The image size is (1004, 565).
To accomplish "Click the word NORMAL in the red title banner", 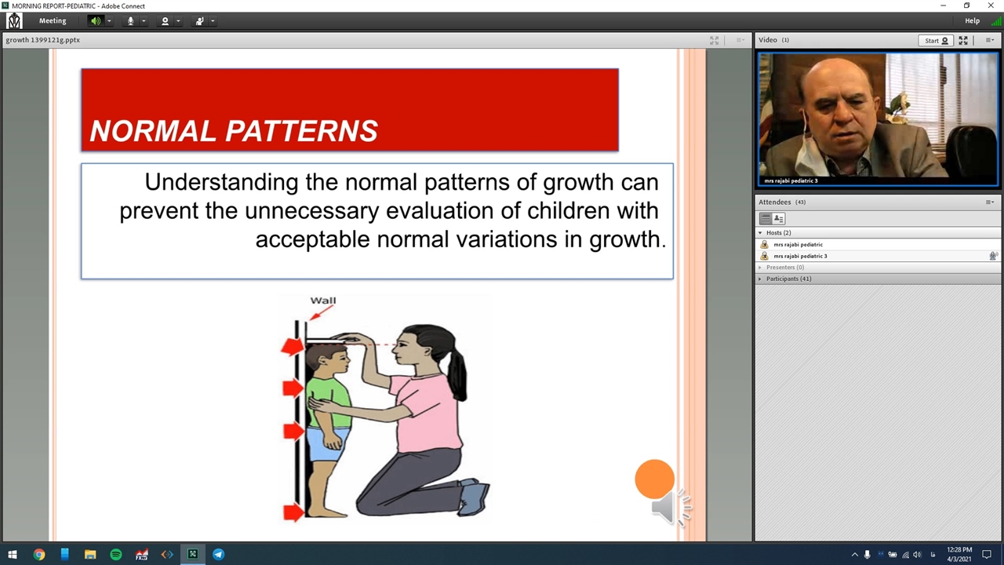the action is coord(153,131).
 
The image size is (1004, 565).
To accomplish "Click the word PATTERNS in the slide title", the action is coord(302,131).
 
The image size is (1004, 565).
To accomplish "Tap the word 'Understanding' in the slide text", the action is coord(221,183).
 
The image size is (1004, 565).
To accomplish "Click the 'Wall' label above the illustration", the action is coord(322,301).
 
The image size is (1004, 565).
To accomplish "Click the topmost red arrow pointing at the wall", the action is coord(293,346).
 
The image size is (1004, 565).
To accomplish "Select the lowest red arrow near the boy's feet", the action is coord(293,512).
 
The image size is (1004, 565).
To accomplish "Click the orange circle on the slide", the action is coord(654,479).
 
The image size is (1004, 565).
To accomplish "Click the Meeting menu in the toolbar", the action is coord(53,20).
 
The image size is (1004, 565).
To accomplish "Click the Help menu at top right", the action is coord(972,20).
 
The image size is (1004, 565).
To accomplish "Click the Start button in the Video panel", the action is coord(936,40).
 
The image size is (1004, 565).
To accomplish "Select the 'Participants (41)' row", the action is coord(788,279).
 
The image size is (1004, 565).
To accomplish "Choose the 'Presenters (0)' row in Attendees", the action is coord(785,268).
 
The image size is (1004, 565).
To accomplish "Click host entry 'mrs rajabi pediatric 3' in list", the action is coord(800,256).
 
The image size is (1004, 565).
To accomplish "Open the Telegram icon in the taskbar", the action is coord(219,554).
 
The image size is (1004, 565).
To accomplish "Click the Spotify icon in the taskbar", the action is coord(116,554).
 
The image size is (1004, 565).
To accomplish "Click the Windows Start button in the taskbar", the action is coord(13,554).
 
